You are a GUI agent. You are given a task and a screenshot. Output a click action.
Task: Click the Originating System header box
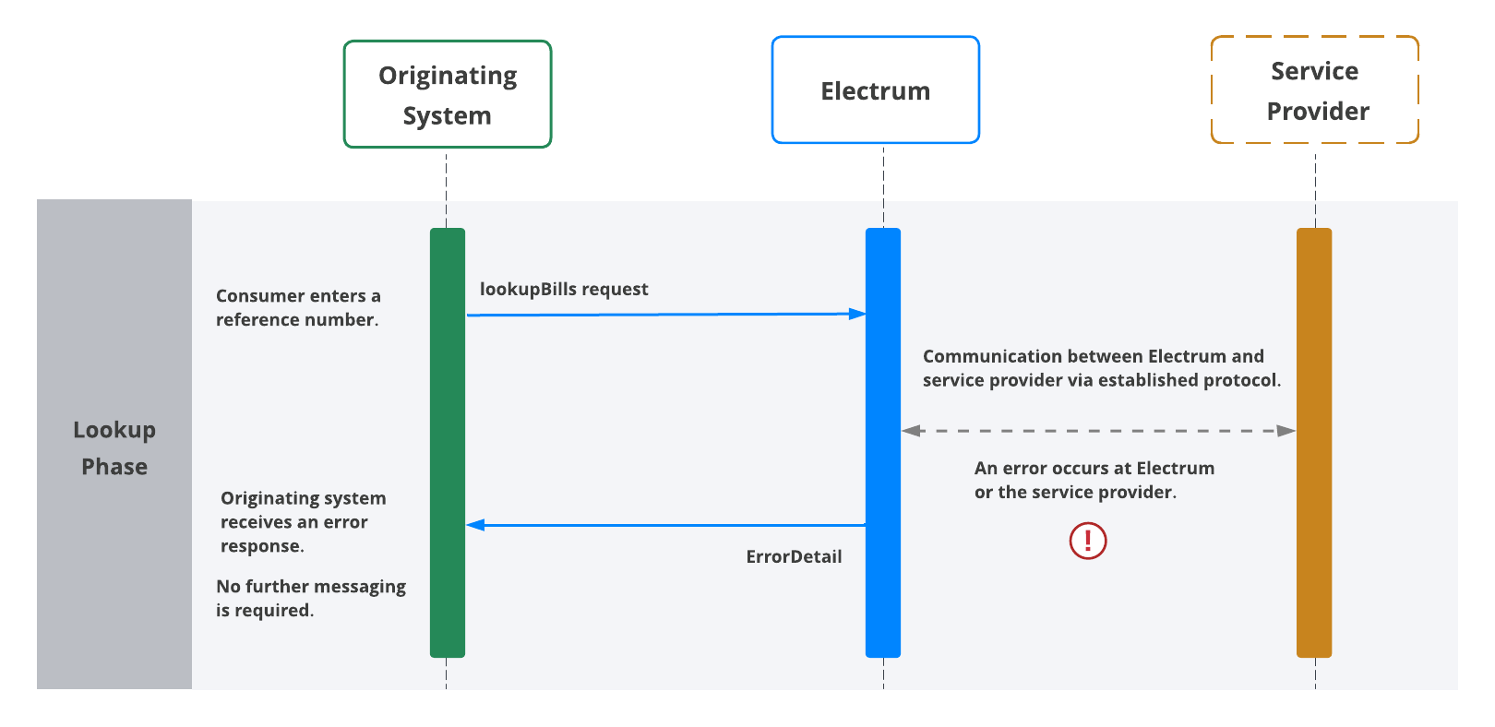click(x=448, y=94)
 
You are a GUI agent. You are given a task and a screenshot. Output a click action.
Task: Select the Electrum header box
click(x=875, y=90)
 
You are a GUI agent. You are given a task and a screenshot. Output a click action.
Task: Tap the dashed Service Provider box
click(x=1314, y=90)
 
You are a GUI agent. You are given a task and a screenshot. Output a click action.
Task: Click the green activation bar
click(x=448, y=443)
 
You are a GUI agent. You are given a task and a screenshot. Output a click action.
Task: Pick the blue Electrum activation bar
click(x=882, y=443)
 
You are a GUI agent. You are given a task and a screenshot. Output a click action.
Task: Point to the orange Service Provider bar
click(x=1314, y=443)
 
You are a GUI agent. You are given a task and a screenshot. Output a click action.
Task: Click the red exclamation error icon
click(x=1088, y=541)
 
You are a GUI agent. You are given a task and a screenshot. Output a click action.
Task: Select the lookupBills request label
click(x=564, y=289)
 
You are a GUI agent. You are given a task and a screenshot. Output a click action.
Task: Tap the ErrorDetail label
click(x=794, y=556)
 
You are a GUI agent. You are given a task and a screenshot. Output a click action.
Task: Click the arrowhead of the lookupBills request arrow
click(x=858, y=314)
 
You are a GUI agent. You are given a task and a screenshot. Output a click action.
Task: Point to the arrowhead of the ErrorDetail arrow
click(x=474, y=525)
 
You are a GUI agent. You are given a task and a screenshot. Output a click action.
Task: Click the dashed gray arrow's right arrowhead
click(x=1287, y=430)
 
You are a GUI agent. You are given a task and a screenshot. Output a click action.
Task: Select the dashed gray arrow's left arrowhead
click(x=911, y=430)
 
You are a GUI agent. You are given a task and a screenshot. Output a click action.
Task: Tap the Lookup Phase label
click(x=114, y=447)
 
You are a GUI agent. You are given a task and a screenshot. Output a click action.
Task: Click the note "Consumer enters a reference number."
click(x=298, y=307)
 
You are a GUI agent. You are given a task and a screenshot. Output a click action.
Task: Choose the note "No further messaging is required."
click(x=311, y=598)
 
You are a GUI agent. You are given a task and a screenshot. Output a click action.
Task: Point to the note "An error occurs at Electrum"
click(x=1094, y=468)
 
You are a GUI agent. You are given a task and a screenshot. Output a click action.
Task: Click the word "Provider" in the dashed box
click(x=1318, y=112)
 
